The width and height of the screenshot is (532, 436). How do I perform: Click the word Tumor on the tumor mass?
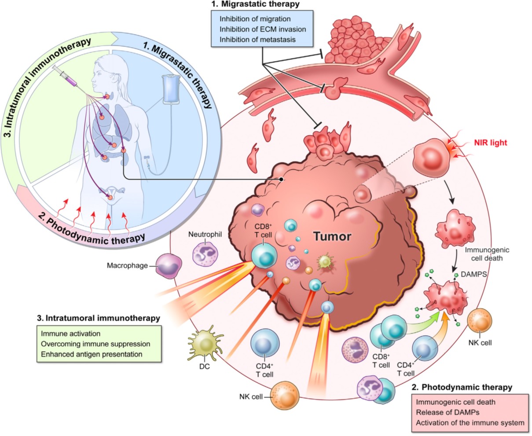click(332, 237)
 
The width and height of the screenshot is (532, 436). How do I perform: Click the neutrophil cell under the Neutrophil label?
click(205, 254)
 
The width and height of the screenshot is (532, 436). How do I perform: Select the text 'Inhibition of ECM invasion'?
click(263, 29)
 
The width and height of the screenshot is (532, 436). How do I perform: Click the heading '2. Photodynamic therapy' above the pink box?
click(462, 388)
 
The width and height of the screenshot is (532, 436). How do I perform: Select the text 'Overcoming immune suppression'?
click(95, 344)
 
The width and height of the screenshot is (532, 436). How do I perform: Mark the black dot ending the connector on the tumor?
click(281, 180)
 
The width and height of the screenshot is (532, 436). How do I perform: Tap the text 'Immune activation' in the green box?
click(70, 334)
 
